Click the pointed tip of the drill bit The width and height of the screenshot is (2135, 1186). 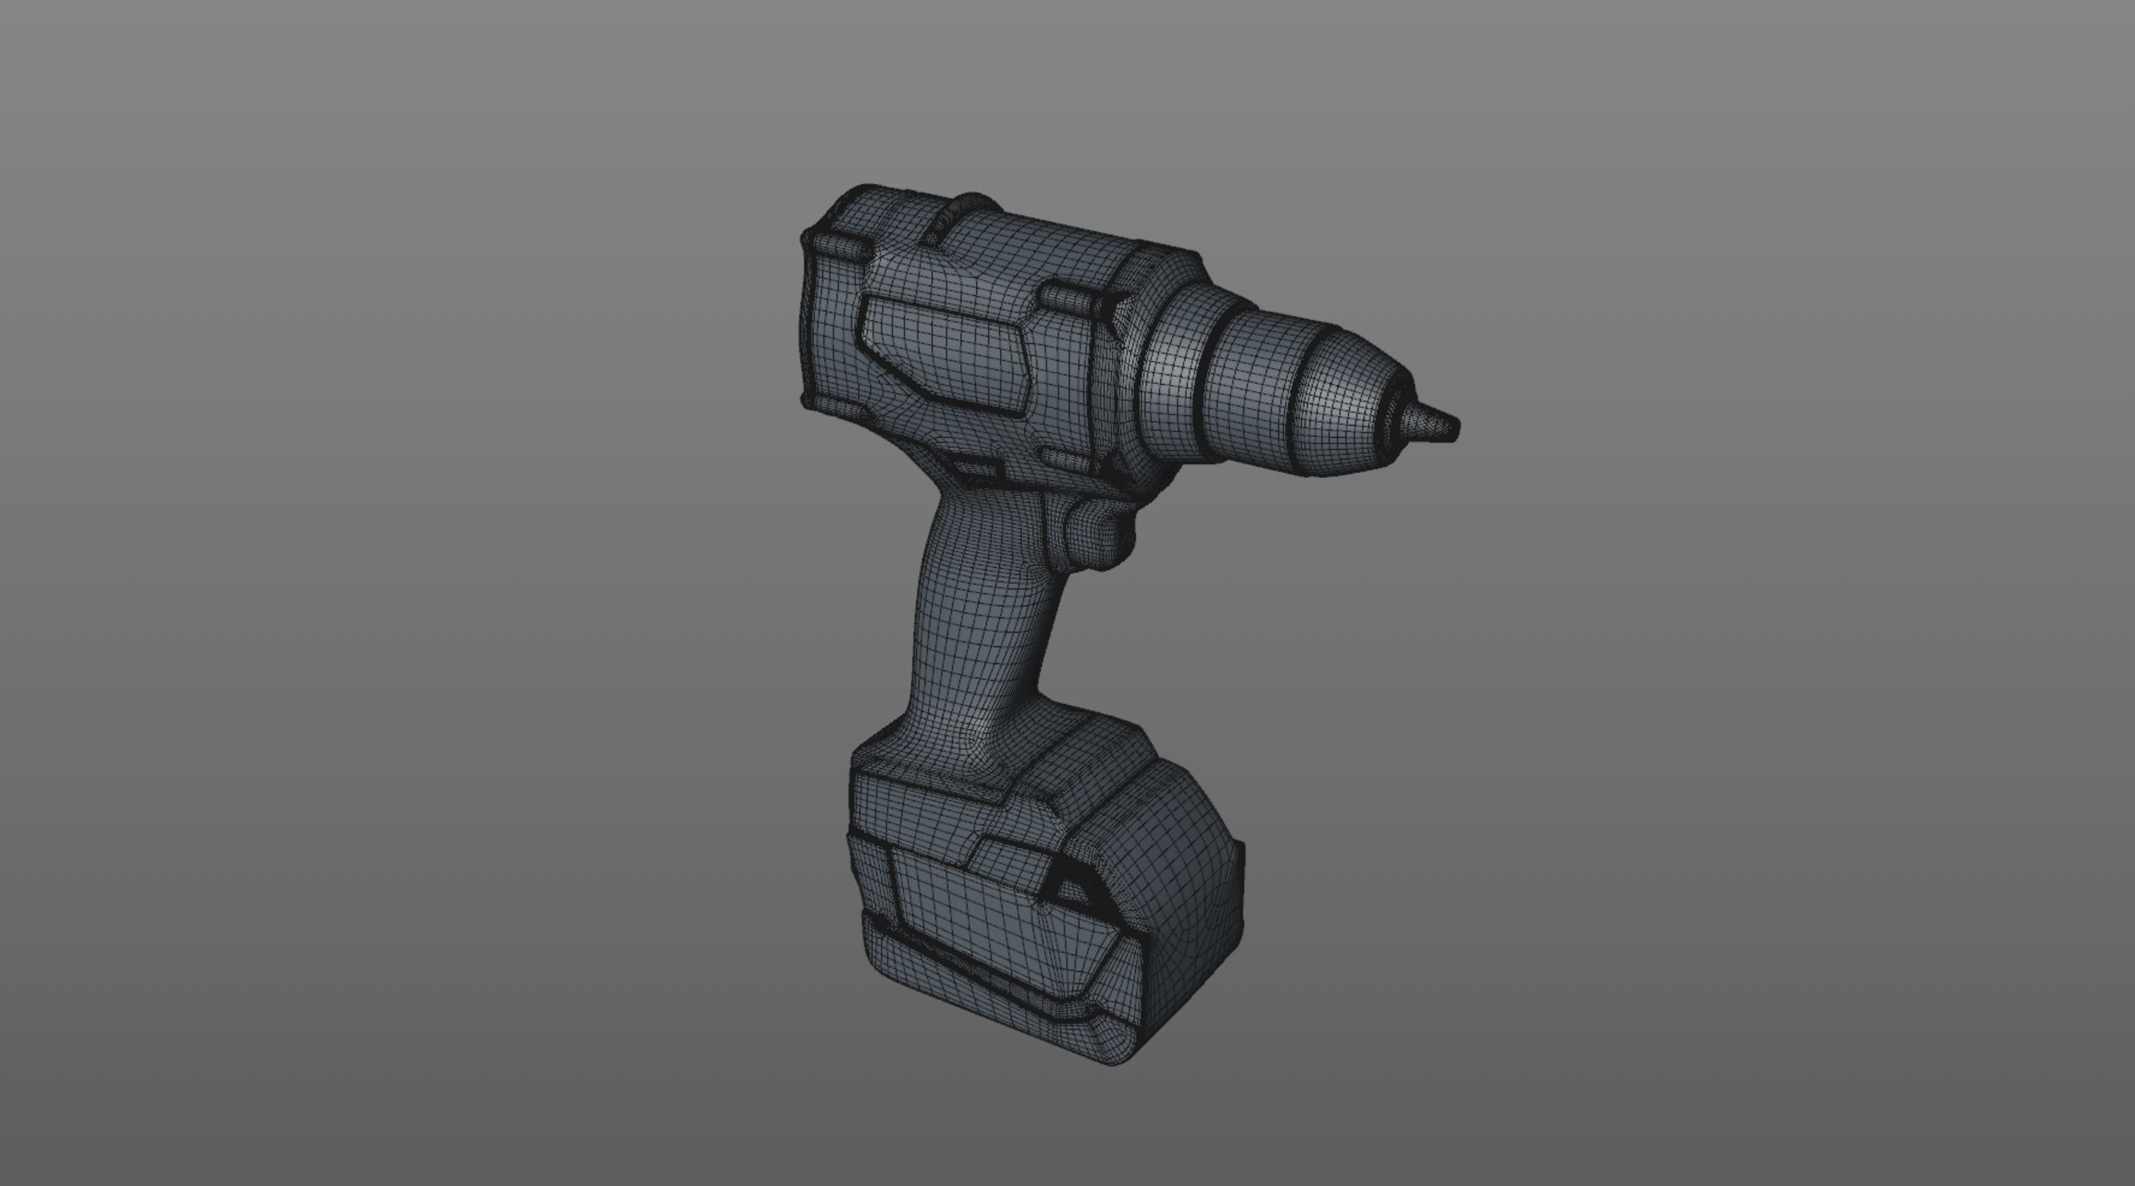pyautogui.click(x=1452, y=427)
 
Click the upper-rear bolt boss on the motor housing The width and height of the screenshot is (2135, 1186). pyautogui.click(x=841, y=244)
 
